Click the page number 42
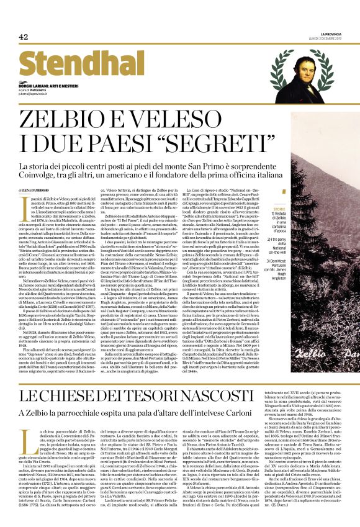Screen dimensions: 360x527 (24, 37)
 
